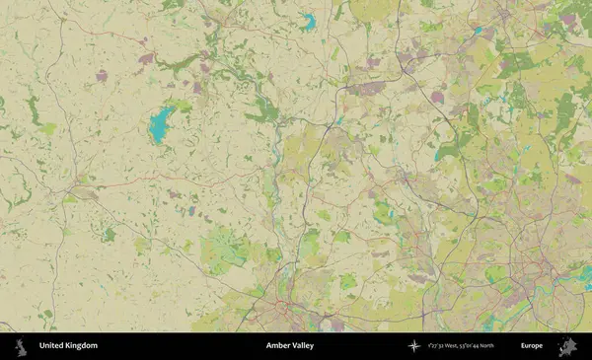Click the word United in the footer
coord(51,346)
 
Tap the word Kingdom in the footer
coord(80,346)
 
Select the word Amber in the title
coord(278,346)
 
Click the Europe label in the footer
coord(532,346)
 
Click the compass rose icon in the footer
coord(414,346)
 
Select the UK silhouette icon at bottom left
coord(19,346)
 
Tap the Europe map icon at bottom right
coord(566,346)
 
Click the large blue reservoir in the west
coord(159,126)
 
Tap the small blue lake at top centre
coord(308,21)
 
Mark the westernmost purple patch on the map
coord(101,75)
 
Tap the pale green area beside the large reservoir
coord(181,105)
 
